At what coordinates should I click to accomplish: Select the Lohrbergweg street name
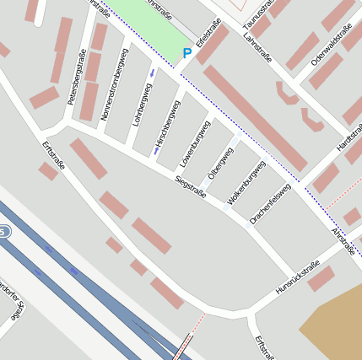point(141,104)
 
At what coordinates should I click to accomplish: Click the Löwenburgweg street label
point(195,143)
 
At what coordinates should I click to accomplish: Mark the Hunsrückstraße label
point(298,278)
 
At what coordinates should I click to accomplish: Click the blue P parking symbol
point(187,54)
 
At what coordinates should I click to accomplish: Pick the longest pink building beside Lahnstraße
point(254,118)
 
